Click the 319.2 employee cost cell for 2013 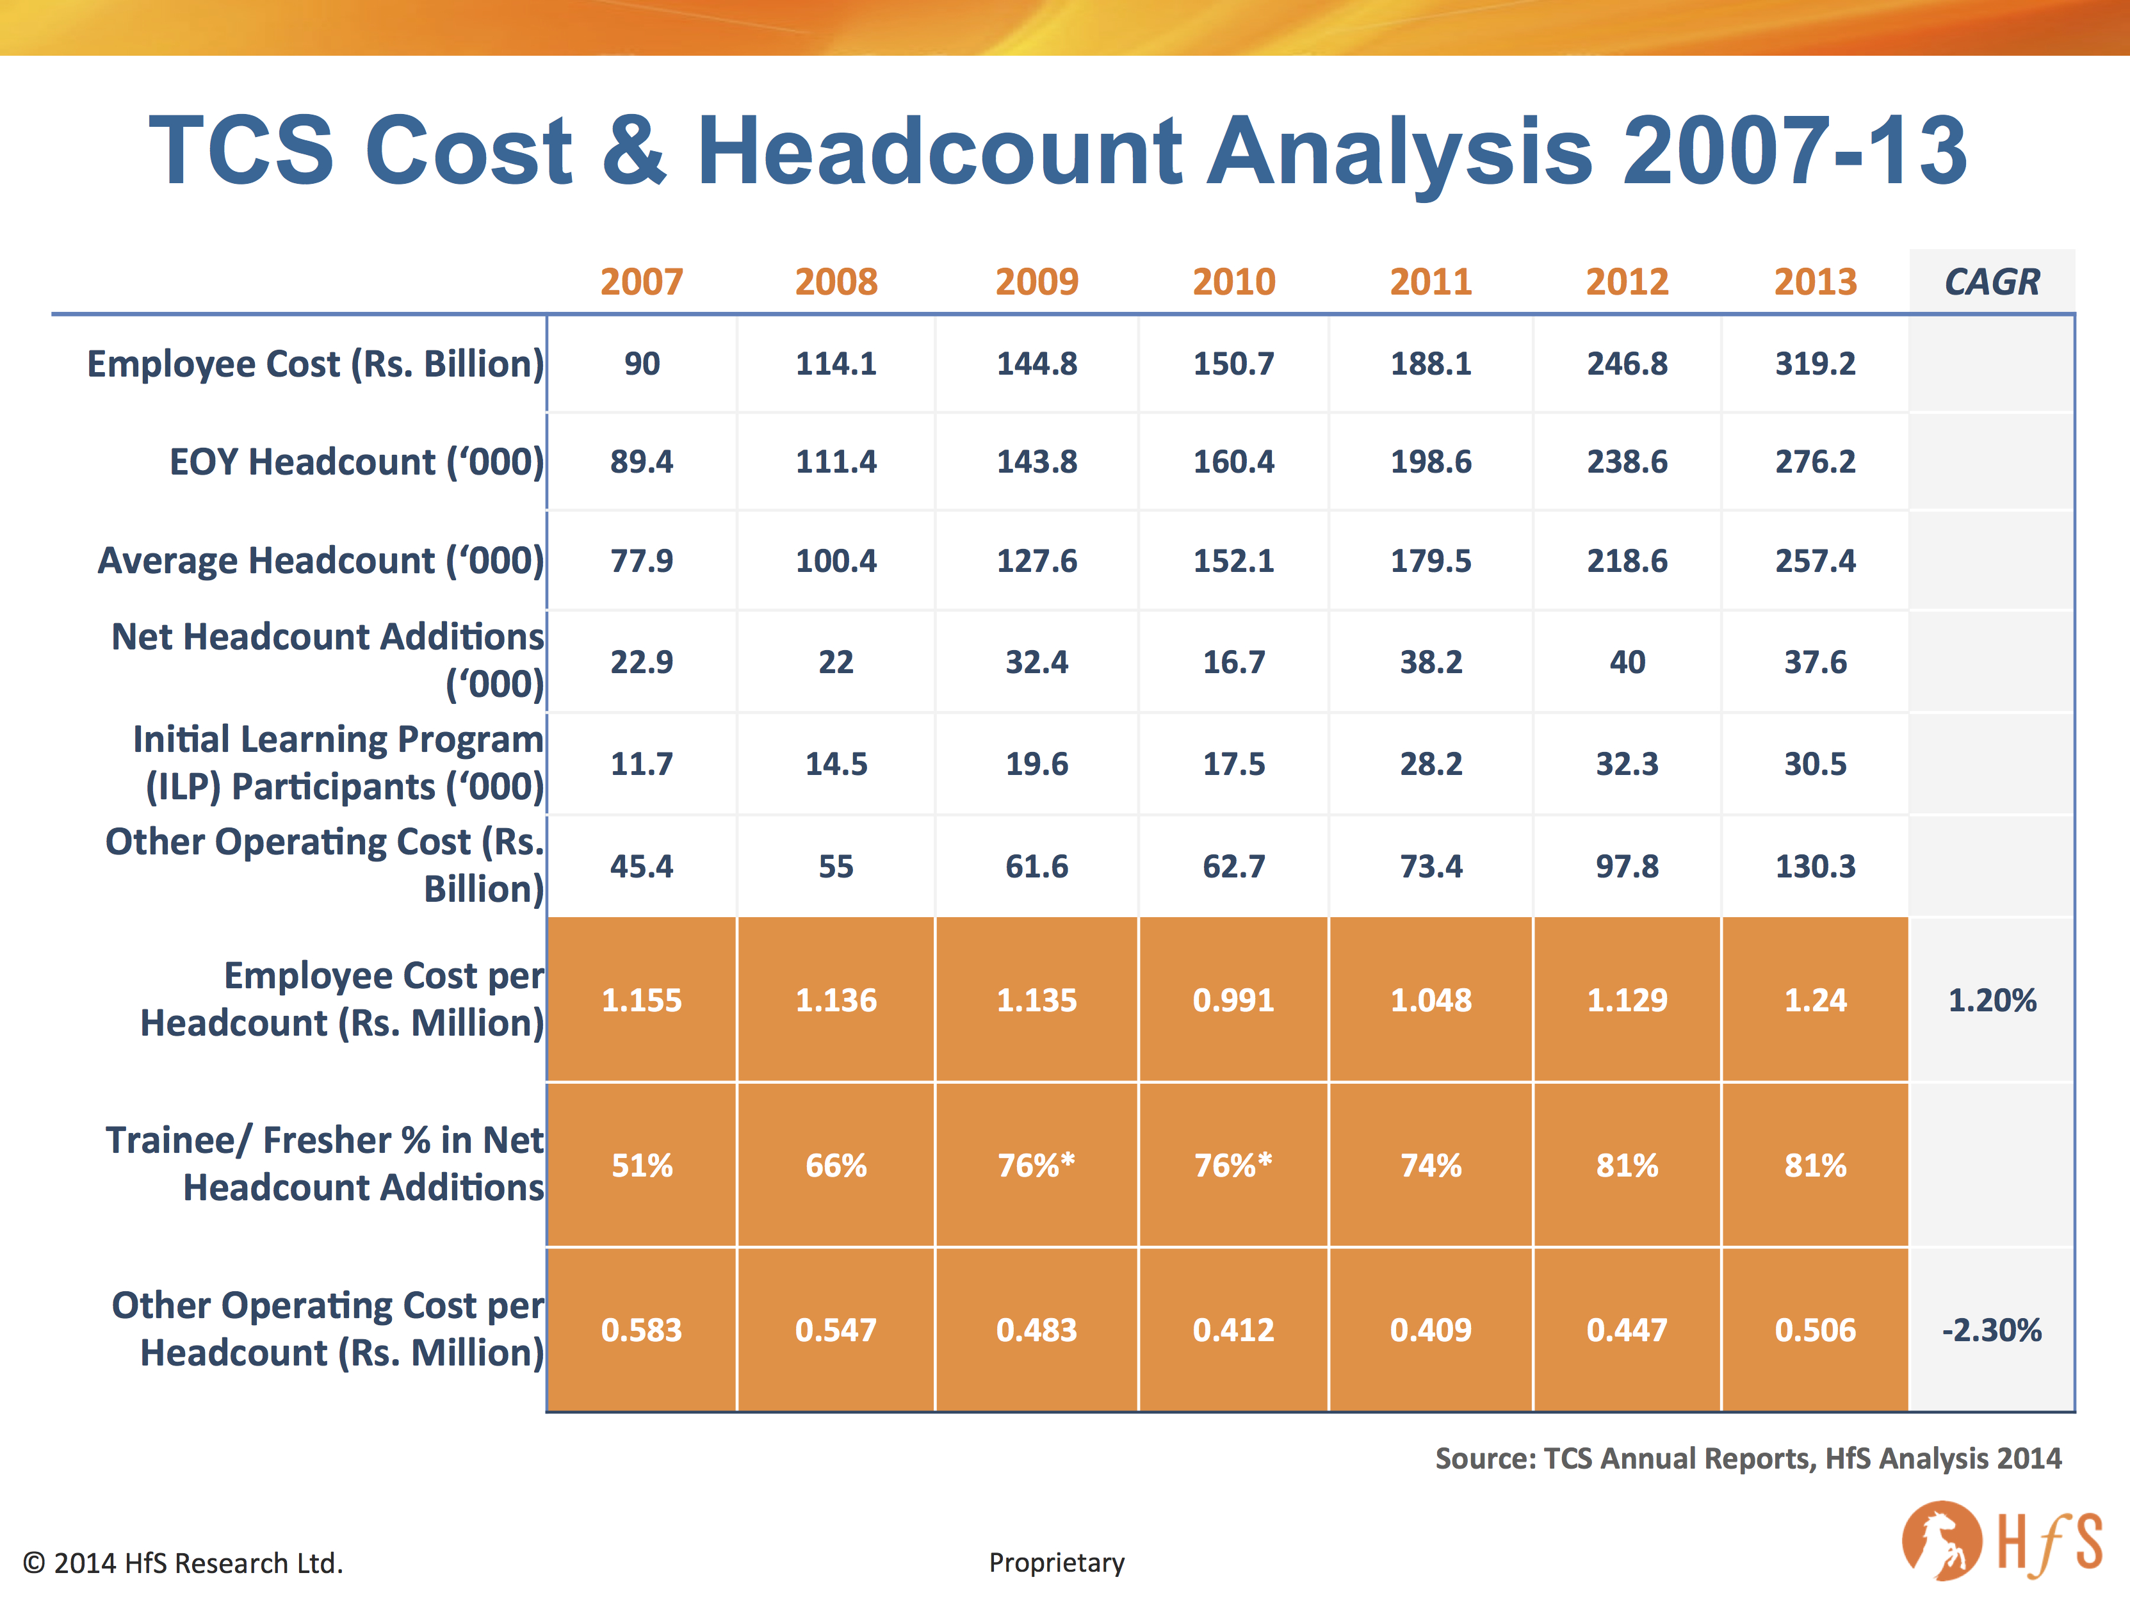click(x=1815, y=364)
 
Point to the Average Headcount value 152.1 click(x=1233, y=560)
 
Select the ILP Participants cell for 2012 click(x=1627, y=765)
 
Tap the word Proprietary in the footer click(x=1056, y=1562)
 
